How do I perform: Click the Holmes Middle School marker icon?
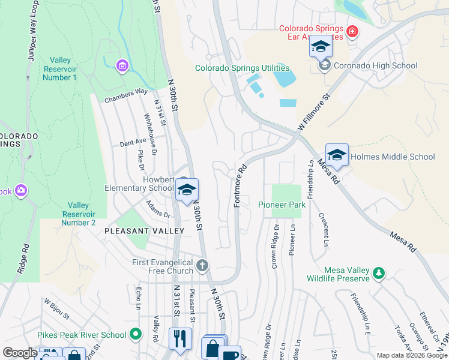click(337, 155)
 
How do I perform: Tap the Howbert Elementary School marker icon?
click(187, 190)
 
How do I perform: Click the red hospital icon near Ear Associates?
click(353, 31)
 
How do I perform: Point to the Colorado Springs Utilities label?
click(242, 68)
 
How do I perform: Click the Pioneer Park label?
click(282, 205)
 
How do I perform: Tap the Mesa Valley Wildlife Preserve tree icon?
click(378, 274)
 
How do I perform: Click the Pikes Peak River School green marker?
click(136, 334)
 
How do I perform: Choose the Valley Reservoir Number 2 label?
click(79, 214)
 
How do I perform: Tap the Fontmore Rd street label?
click(240, 186)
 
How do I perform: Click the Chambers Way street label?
click(126, 95)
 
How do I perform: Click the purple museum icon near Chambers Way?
click(122, 65)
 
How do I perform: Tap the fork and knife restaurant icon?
click(179, 338)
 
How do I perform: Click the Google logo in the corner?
click(20, 353)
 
